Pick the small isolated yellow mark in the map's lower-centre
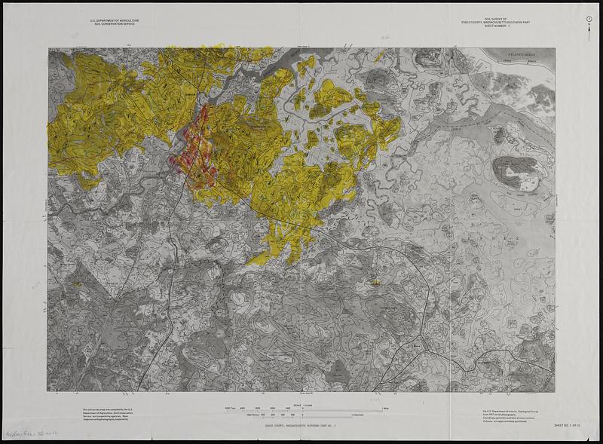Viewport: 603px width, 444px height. tap(375, 282)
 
